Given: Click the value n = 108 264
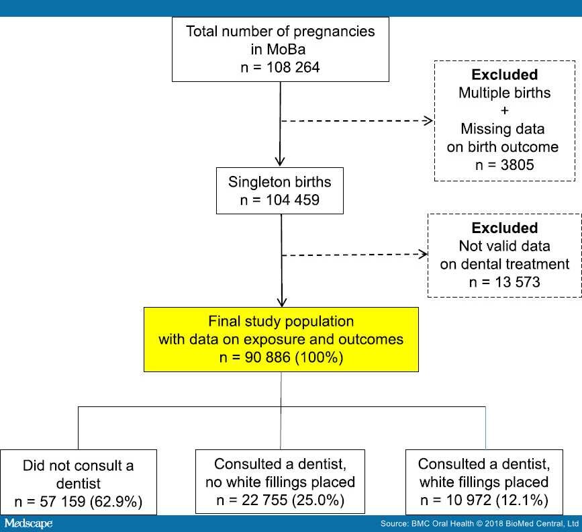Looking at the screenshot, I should (280, 68).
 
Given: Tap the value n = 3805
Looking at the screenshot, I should (505, 165).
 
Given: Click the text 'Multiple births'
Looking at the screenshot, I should (505, 92).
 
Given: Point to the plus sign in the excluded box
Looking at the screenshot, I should (505, 110).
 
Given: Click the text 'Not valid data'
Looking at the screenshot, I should (505, 246).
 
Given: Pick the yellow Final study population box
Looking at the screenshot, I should (281, 339).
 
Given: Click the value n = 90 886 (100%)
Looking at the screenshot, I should (281, 358).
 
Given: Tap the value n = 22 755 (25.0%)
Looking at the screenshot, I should (280, 500).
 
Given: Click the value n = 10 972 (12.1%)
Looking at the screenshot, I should (483, 500).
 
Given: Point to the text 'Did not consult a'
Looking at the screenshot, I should (79, 465).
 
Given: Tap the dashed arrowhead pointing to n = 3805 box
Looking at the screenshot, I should (430, 122).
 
